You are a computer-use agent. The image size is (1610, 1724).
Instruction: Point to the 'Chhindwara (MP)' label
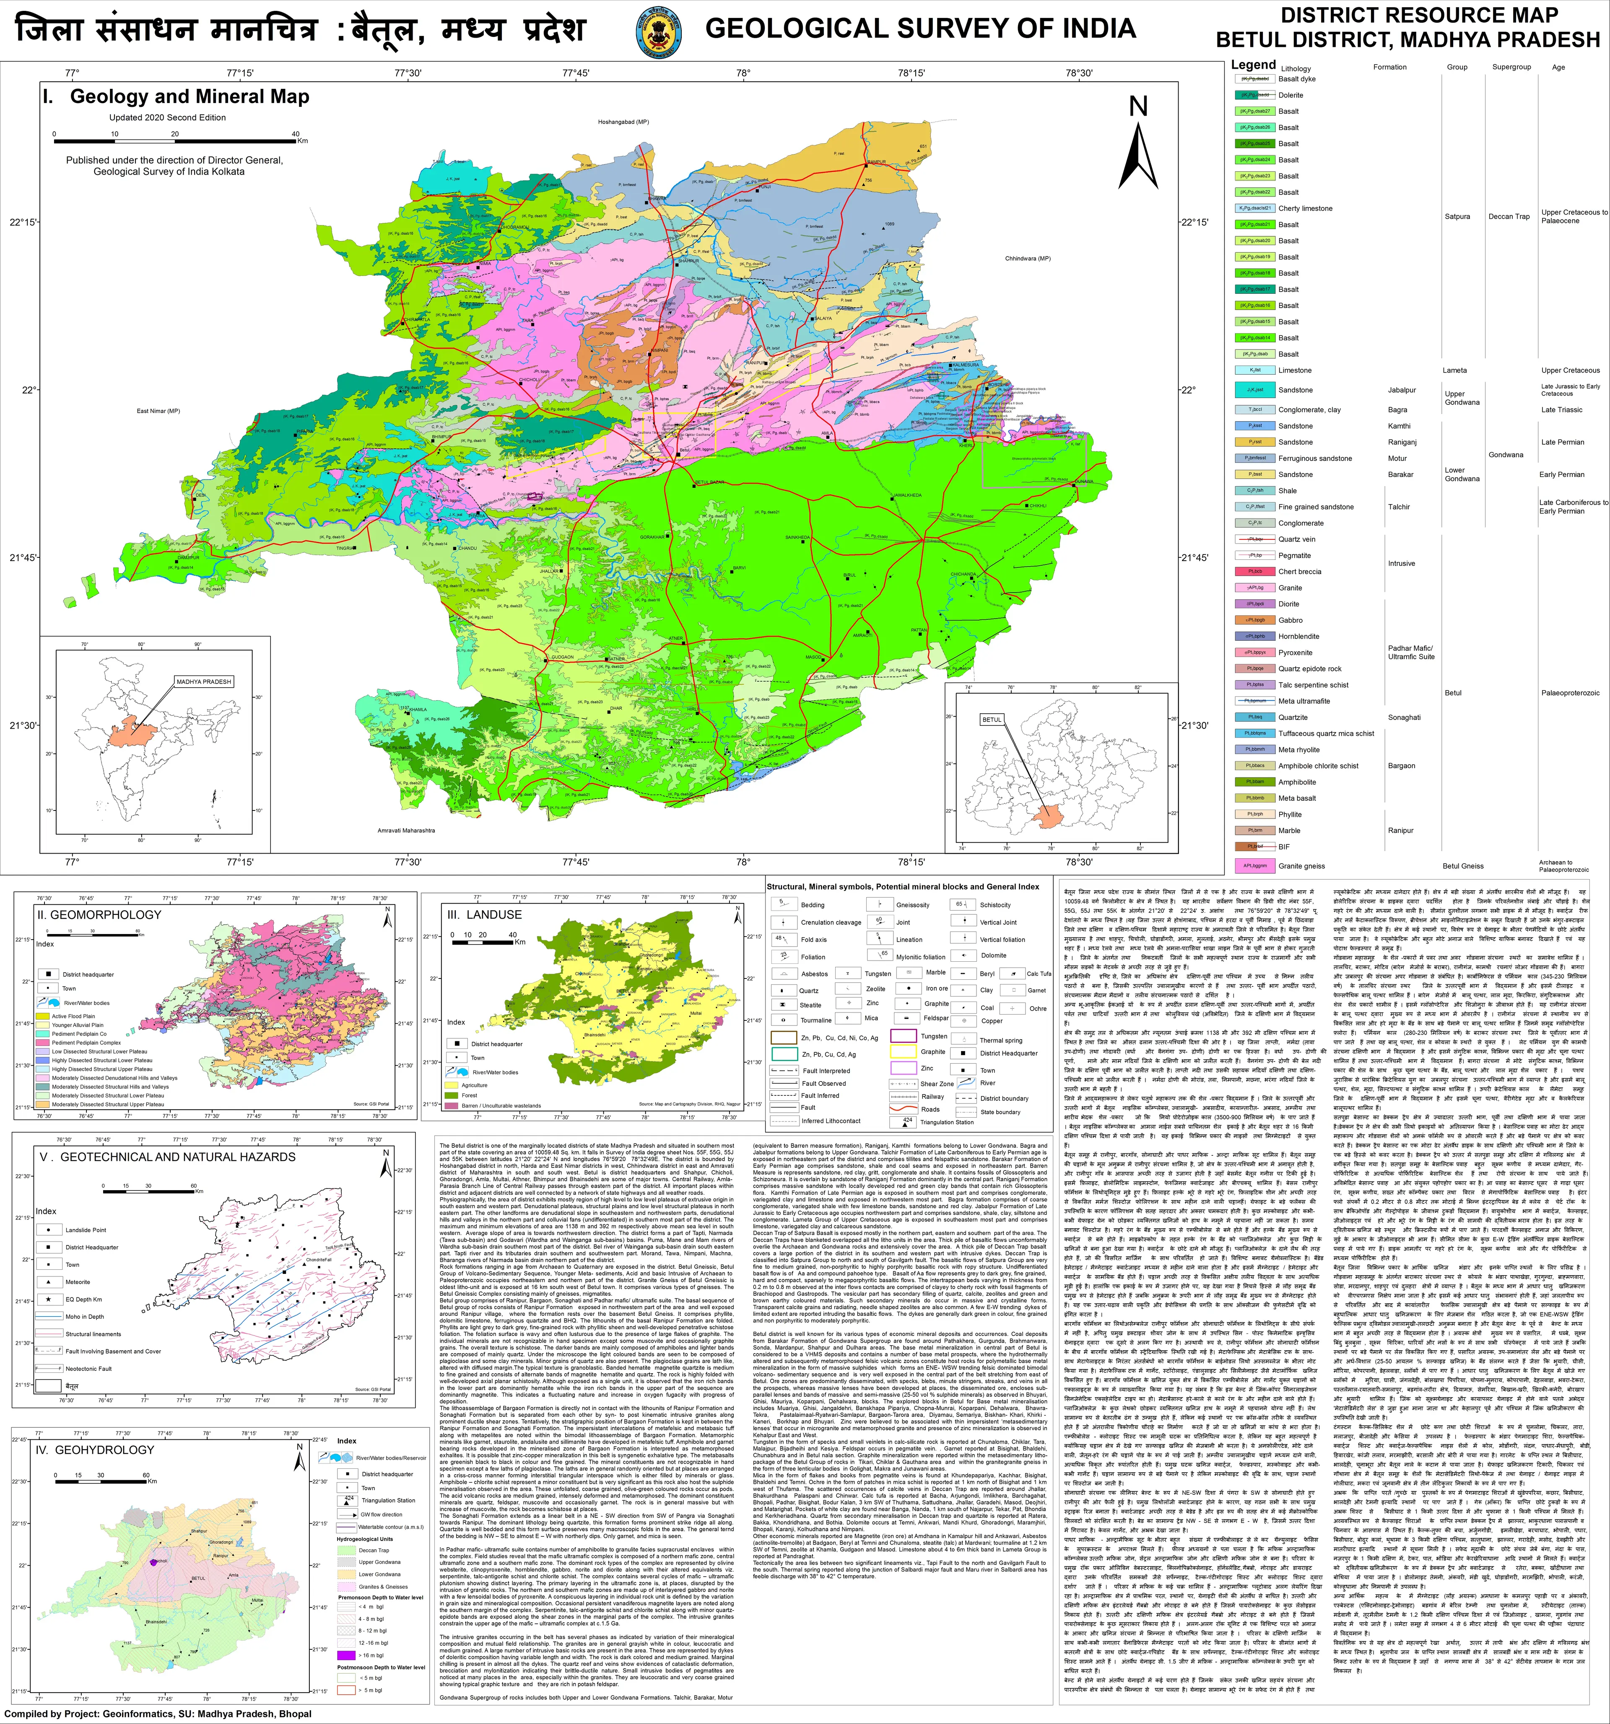tap(1028, 259)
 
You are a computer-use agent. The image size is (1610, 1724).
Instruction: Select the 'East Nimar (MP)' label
tap(158, 410)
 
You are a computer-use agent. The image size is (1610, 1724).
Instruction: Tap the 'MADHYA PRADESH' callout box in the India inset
tap(204, 682)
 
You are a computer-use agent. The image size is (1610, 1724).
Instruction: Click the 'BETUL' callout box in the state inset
tap(992, 719)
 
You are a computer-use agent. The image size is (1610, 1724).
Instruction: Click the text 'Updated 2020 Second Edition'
tap(167, 117)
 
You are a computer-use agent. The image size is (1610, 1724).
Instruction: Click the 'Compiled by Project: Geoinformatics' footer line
tap(159, 1714)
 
